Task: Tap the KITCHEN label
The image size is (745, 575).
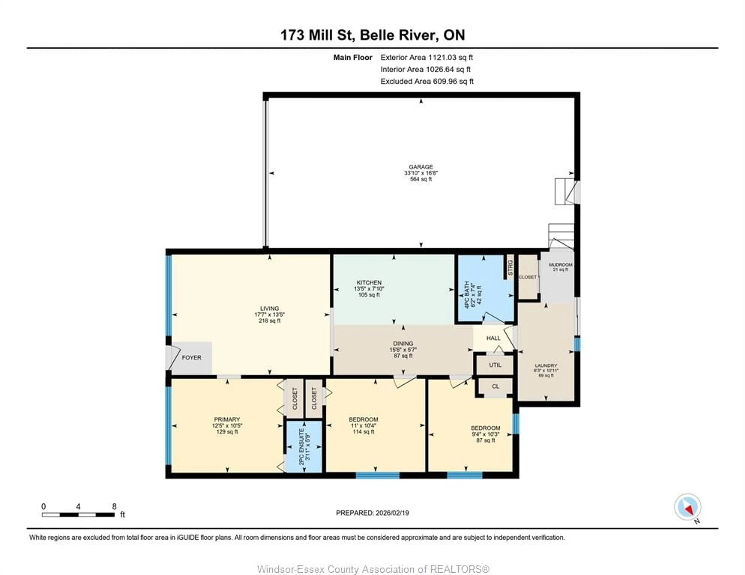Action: (369, 283)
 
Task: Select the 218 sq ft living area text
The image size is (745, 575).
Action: (269, 321)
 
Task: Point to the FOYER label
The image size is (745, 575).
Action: (191, 358)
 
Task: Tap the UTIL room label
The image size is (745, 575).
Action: (495, 365)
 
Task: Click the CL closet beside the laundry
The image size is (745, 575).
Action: (495, 386)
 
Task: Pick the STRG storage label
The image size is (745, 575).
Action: (510, 268)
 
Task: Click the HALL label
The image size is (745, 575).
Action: (493, 338)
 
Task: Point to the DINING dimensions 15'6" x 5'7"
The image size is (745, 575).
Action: (403, 350)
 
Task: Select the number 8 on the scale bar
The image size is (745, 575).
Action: (114, 506)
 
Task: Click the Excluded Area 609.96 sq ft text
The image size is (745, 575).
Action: (427, 81)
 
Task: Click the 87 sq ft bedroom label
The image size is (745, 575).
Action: (485, 440)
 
